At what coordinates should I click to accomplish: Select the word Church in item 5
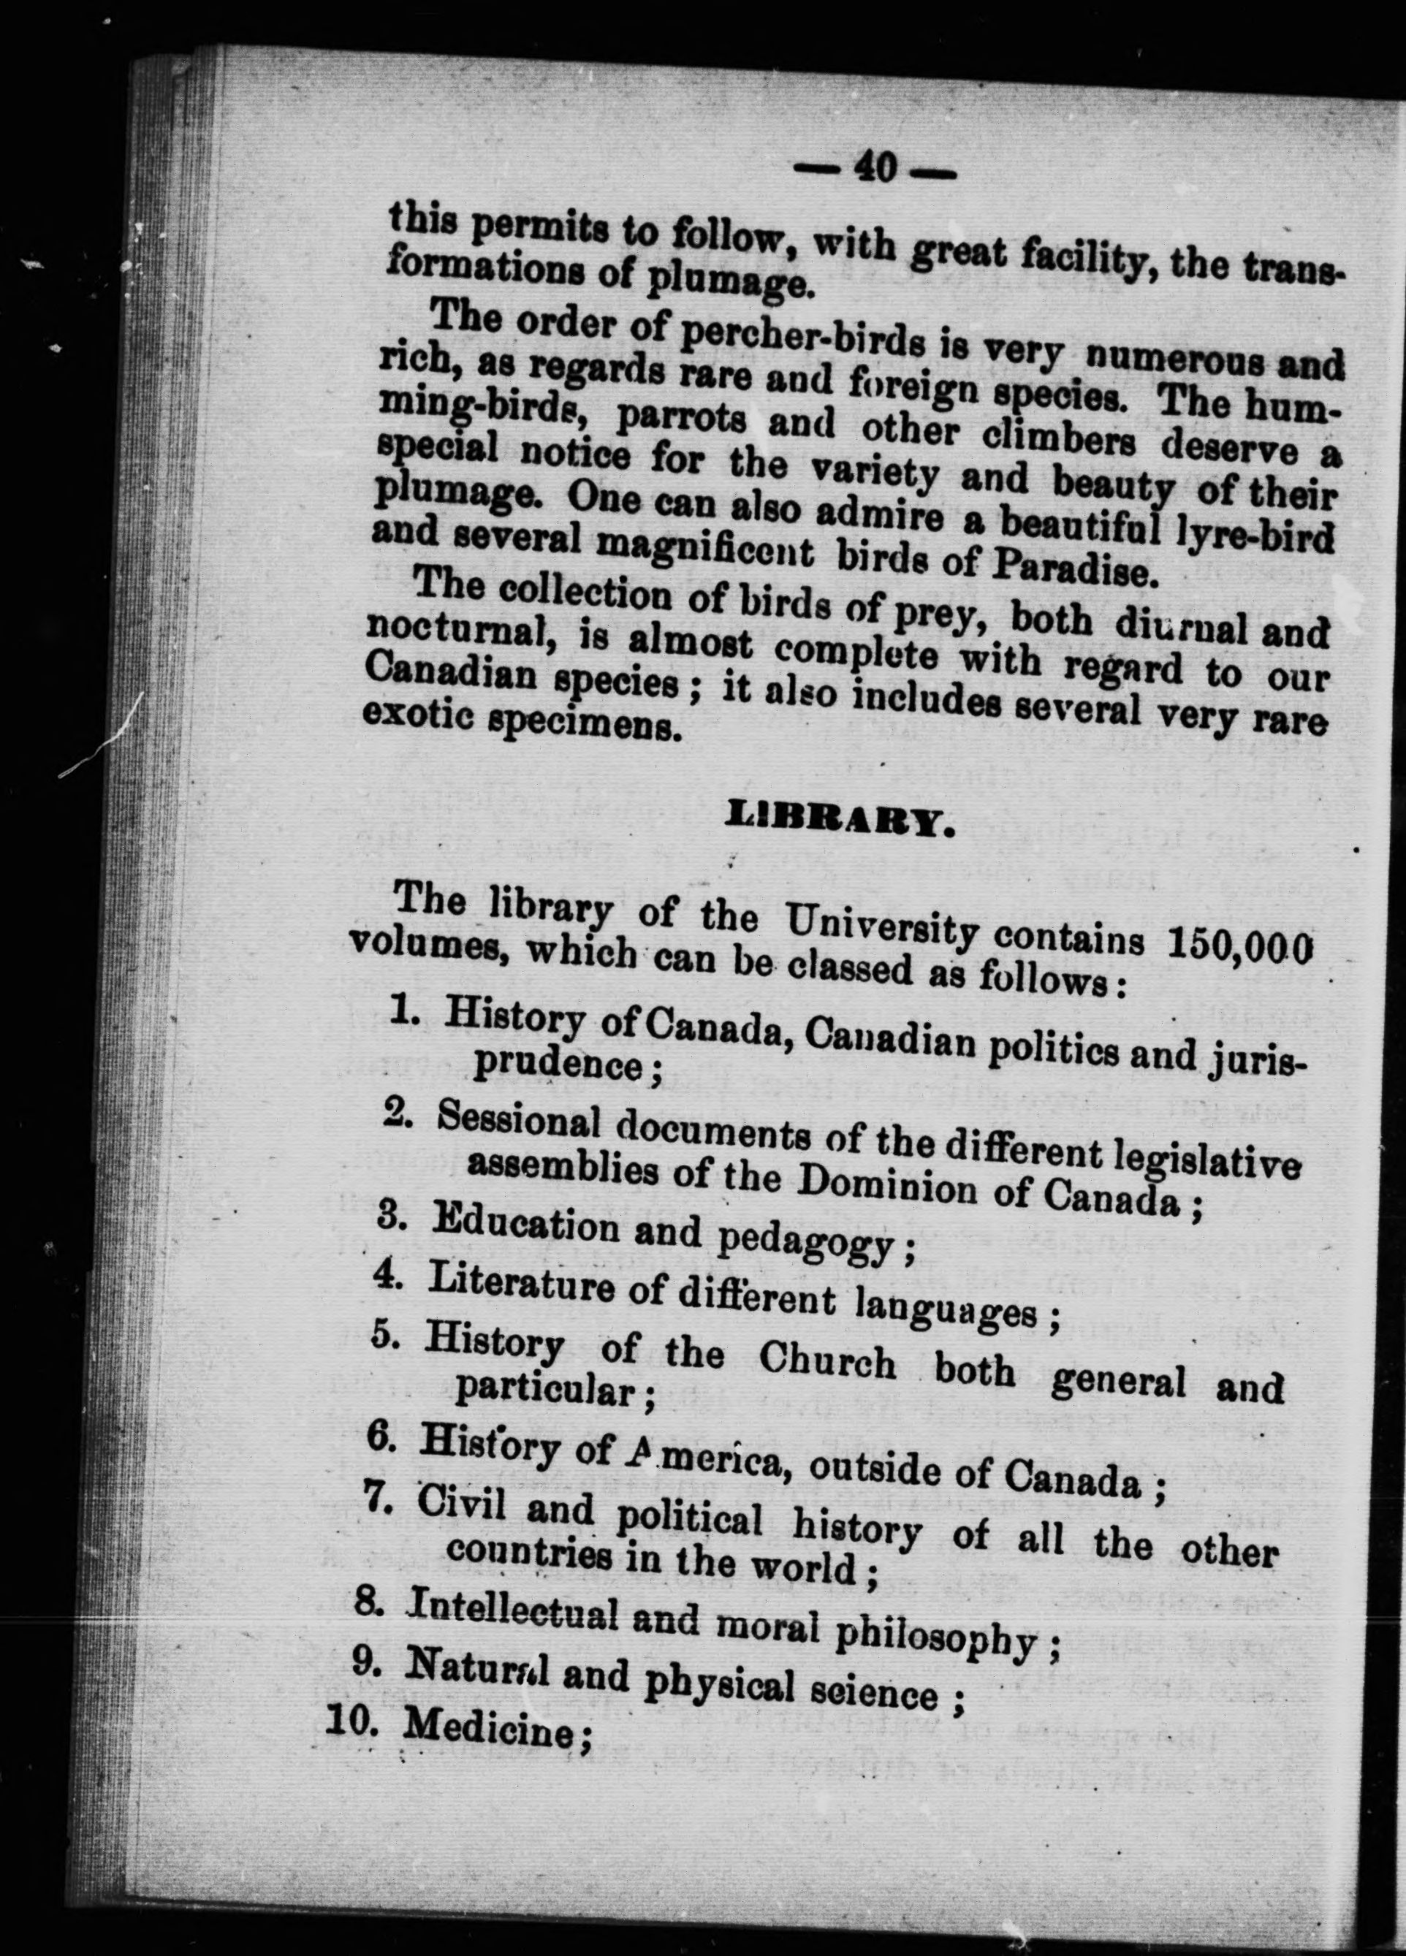coord(827,1363)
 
